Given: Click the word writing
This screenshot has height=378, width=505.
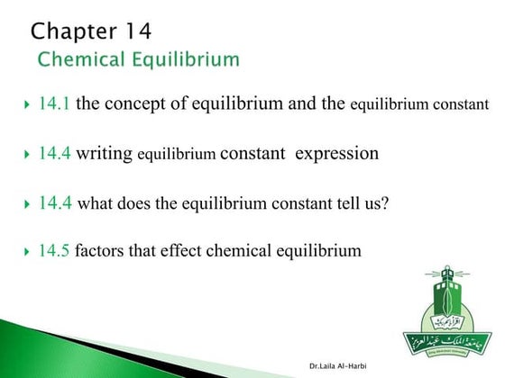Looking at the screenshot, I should pyautogui.click(x=104, y=154).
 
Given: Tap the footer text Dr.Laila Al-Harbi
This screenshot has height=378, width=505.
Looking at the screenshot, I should pyautogui.click(x=339, y=366).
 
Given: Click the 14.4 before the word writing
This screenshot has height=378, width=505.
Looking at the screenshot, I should pyautogui.click(x=54, y=154).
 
